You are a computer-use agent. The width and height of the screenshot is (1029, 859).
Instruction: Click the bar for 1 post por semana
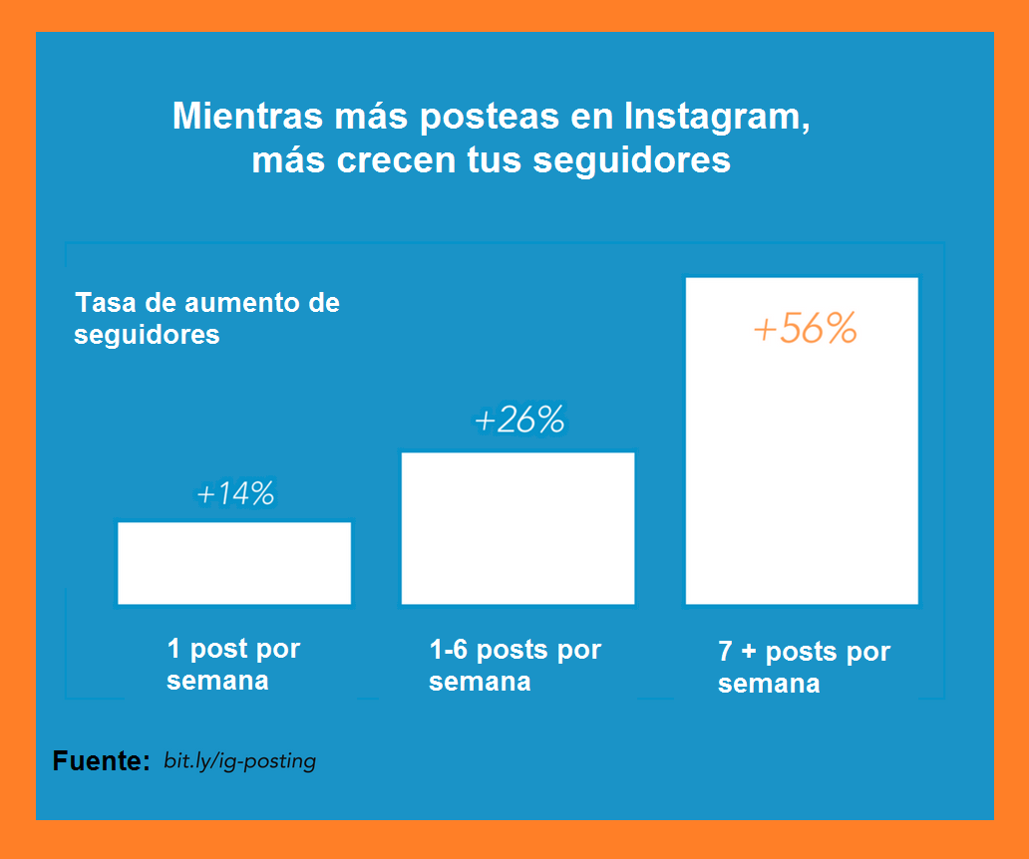click(234, 563)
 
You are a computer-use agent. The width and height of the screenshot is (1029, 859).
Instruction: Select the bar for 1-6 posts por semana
click(517, 528)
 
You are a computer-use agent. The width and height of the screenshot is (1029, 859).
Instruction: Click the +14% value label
click(235, 494)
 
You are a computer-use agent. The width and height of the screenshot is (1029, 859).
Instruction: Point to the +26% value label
click(518, 422)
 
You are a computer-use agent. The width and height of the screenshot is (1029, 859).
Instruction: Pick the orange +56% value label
click(805, 330)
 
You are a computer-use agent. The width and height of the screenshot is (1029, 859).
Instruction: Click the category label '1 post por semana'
click(232, 665)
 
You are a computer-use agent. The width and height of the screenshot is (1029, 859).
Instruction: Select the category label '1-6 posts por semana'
click(514, 666)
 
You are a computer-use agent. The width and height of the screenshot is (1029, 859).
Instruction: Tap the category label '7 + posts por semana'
click(803, 668)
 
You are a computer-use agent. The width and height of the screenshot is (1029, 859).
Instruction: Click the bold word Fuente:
click(101, 761)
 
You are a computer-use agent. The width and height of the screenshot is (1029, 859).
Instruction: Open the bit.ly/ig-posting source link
click(239, 761)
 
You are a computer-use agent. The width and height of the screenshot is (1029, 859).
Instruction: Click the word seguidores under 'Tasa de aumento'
click(147, 335)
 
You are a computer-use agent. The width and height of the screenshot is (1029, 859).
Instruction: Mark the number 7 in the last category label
click(726, 653)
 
